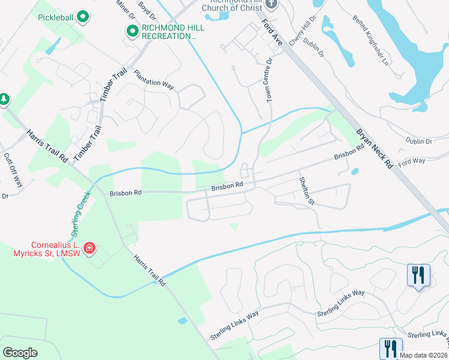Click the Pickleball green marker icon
pyautogui.click(x=83, y=17)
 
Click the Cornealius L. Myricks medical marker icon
pyautogui.click(x=89, y=248)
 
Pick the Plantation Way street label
pyautogui.click(x=154, y=80)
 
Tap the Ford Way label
pyautogui.click(x=411, y=161)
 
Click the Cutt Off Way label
pyautogui.click(x=13, y=170)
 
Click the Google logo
pyautogui.click(x=20, y=352)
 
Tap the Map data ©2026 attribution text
pyautogui.click(x=423, y=355)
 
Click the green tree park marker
pyautogui.click(x=4, y=98)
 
